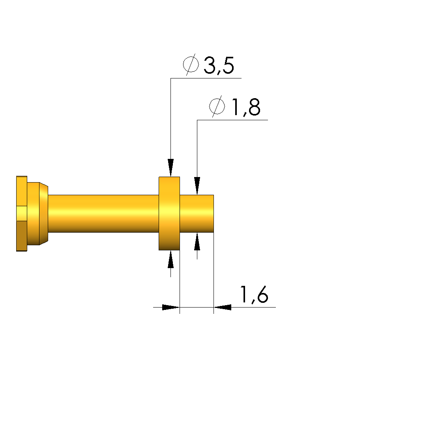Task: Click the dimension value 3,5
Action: coord(219,65)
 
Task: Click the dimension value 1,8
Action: coord(246,107)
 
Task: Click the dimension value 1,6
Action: coord(254,295)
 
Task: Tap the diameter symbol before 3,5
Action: coord(191,64)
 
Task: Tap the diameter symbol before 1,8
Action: coord(217,106)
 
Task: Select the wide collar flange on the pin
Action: coord(169,214)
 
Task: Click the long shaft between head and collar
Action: coord(103,214)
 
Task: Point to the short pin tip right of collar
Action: coord(197,214)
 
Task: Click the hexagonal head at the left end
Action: coord(22,214)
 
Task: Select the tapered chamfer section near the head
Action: coord(43,214)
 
